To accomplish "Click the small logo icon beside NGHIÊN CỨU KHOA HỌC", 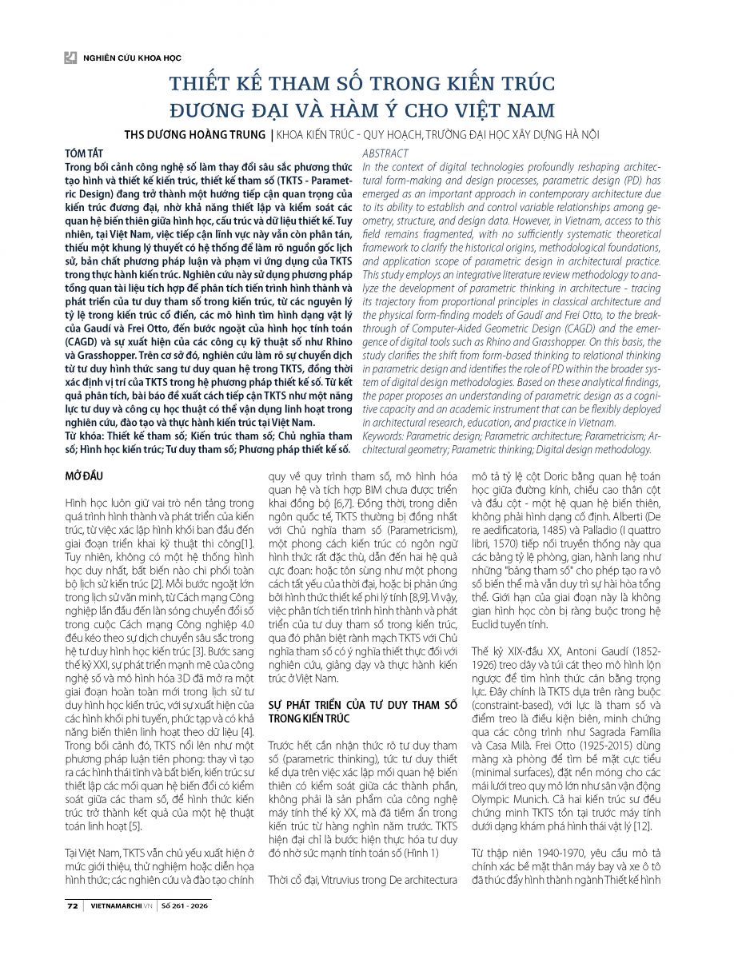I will [70, 58].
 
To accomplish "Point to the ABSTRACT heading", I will [385, 153].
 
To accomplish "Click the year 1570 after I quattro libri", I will [493, 555].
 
